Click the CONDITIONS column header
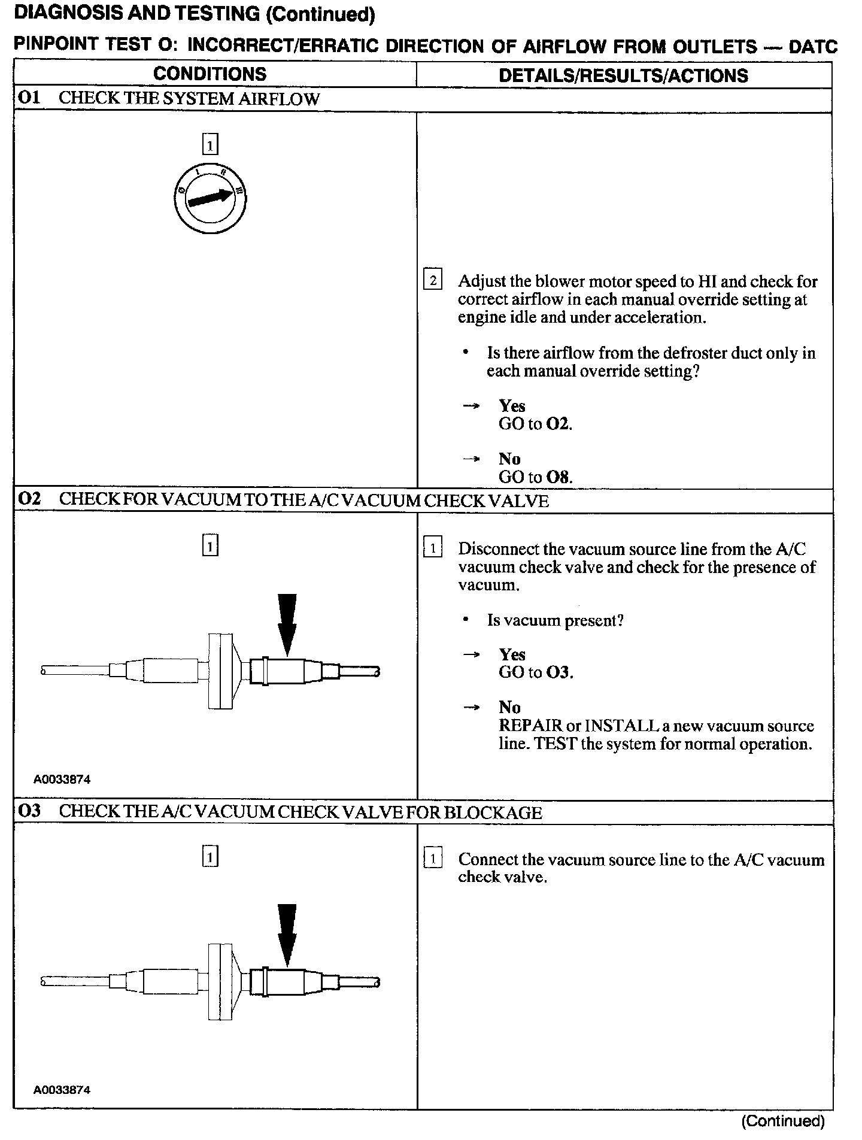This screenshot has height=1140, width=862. [x=210, y=74]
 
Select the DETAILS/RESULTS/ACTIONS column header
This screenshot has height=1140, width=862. [x=623, y=75]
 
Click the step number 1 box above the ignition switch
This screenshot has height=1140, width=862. [x=210, y=145]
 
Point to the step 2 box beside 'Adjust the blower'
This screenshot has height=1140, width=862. [x=432, y=280]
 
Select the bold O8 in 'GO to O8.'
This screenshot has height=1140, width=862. [x=559, y=477]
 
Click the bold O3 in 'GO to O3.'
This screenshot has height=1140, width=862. [x=559, y=672]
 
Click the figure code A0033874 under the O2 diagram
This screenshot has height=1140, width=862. [x=62, y=780]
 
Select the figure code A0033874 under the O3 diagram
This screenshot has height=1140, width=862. [x=62, y=1090]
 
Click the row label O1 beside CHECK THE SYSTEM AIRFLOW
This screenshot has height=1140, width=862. [x=29, y=98]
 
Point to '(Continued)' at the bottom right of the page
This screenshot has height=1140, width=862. [x=783, y=1121]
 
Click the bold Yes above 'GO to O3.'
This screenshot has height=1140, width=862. [x=512, y=654]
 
